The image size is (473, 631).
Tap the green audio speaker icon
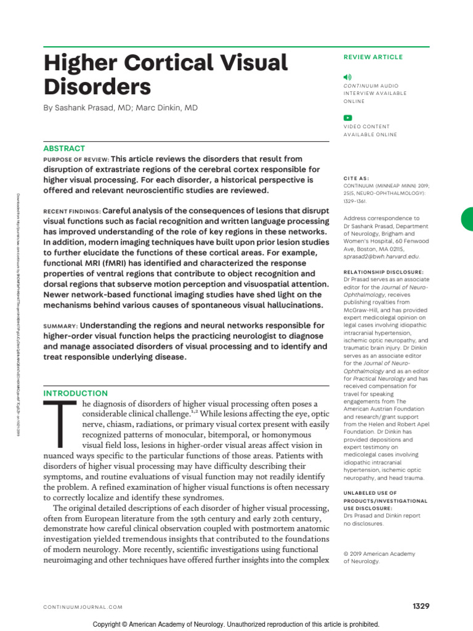(348, 76)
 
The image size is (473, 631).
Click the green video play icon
(348, 118)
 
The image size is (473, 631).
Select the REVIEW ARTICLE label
(373, 57)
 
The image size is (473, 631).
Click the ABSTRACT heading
(64, 149)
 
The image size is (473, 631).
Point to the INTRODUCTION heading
(75, 393)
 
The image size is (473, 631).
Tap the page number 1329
(421, 606)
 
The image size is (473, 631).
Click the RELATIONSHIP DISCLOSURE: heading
(384, 272)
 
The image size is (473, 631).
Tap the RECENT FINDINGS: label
(71, 211)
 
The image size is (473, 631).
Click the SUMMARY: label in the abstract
(60, 325)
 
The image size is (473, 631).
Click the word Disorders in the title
(97, 86)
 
